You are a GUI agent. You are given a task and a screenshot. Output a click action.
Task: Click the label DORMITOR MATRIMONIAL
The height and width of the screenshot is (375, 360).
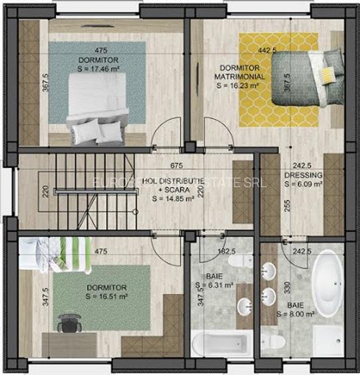(242, 72)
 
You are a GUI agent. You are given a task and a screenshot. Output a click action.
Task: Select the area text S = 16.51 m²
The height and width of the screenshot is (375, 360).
(106, 296)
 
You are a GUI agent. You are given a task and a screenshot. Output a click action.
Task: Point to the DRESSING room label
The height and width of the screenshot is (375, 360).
(303, 176)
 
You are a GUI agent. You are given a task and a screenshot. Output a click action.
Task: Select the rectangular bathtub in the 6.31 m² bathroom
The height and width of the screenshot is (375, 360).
(219, 344)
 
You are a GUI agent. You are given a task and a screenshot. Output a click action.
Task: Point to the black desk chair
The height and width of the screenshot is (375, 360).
(67, 323)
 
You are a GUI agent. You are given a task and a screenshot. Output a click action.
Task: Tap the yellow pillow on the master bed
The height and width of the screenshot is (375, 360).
(327, 73)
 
